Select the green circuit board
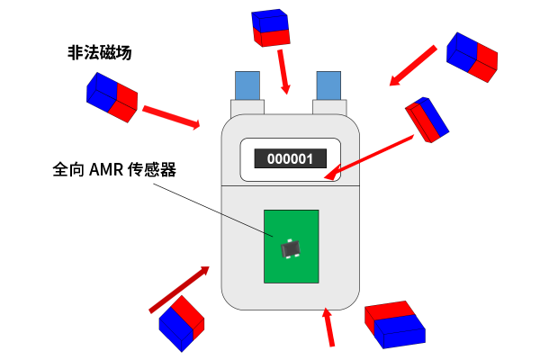pos(291,246)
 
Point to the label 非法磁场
pos(99,53)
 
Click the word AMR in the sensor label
pos(107,169)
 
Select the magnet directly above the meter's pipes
pos(272,28)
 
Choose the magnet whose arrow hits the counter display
pos(427,118)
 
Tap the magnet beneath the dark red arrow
pos(182,322)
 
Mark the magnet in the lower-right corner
pos(394,324)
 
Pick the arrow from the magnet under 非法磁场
pos(171,116)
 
